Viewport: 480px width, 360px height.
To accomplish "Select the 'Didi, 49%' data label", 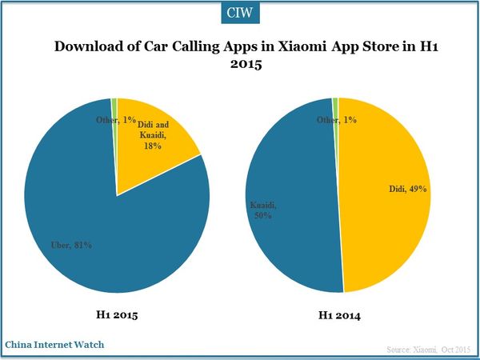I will tap(404, 190).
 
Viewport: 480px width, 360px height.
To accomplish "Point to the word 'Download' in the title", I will tap(89, 47).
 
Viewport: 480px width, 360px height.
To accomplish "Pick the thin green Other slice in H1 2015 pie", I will tap(115, 108).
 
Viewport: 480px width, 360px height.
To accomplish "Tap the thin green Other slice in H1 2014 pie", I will tap(335, 104).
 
